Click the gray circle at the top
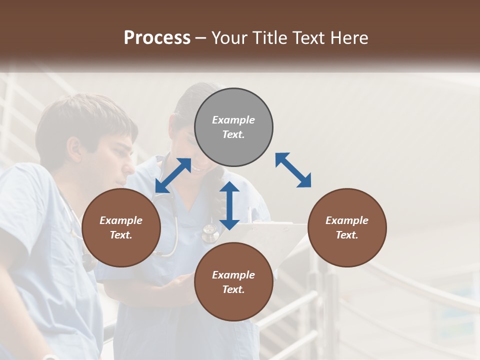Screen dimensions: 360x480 click(x=233, y=127)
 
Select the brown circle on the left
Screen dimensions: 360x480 click(x=121, y=227)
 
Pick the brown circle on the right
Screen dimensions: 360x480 click(x=346, y=227)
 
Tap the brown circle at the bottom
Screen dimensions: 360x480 click(x=233, y=282)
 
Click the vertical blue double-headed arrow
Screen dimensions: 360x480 click(x=229, y=205)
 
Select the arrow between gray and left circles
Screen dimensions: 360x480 click(x=173, y=175)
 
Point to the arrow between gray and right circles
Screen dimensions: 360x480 click(x=293, y=170)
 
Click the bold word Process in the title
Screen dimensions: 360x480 click(x=157, y=37)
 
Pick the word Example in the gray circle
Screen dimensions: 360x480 click(x=233, y=120)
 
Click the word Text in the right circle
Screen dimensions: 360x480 click(x=346, y=235)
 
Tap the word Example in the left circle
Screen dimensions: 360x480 click(x=121, y=220)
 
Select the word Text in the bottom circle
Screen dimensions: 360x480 click(x=233, y=289)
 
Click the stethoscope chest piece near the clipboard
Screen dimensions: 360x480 click(x=210, y=231)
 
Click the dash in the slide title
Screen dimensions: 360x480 click(x=201, y=37)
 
